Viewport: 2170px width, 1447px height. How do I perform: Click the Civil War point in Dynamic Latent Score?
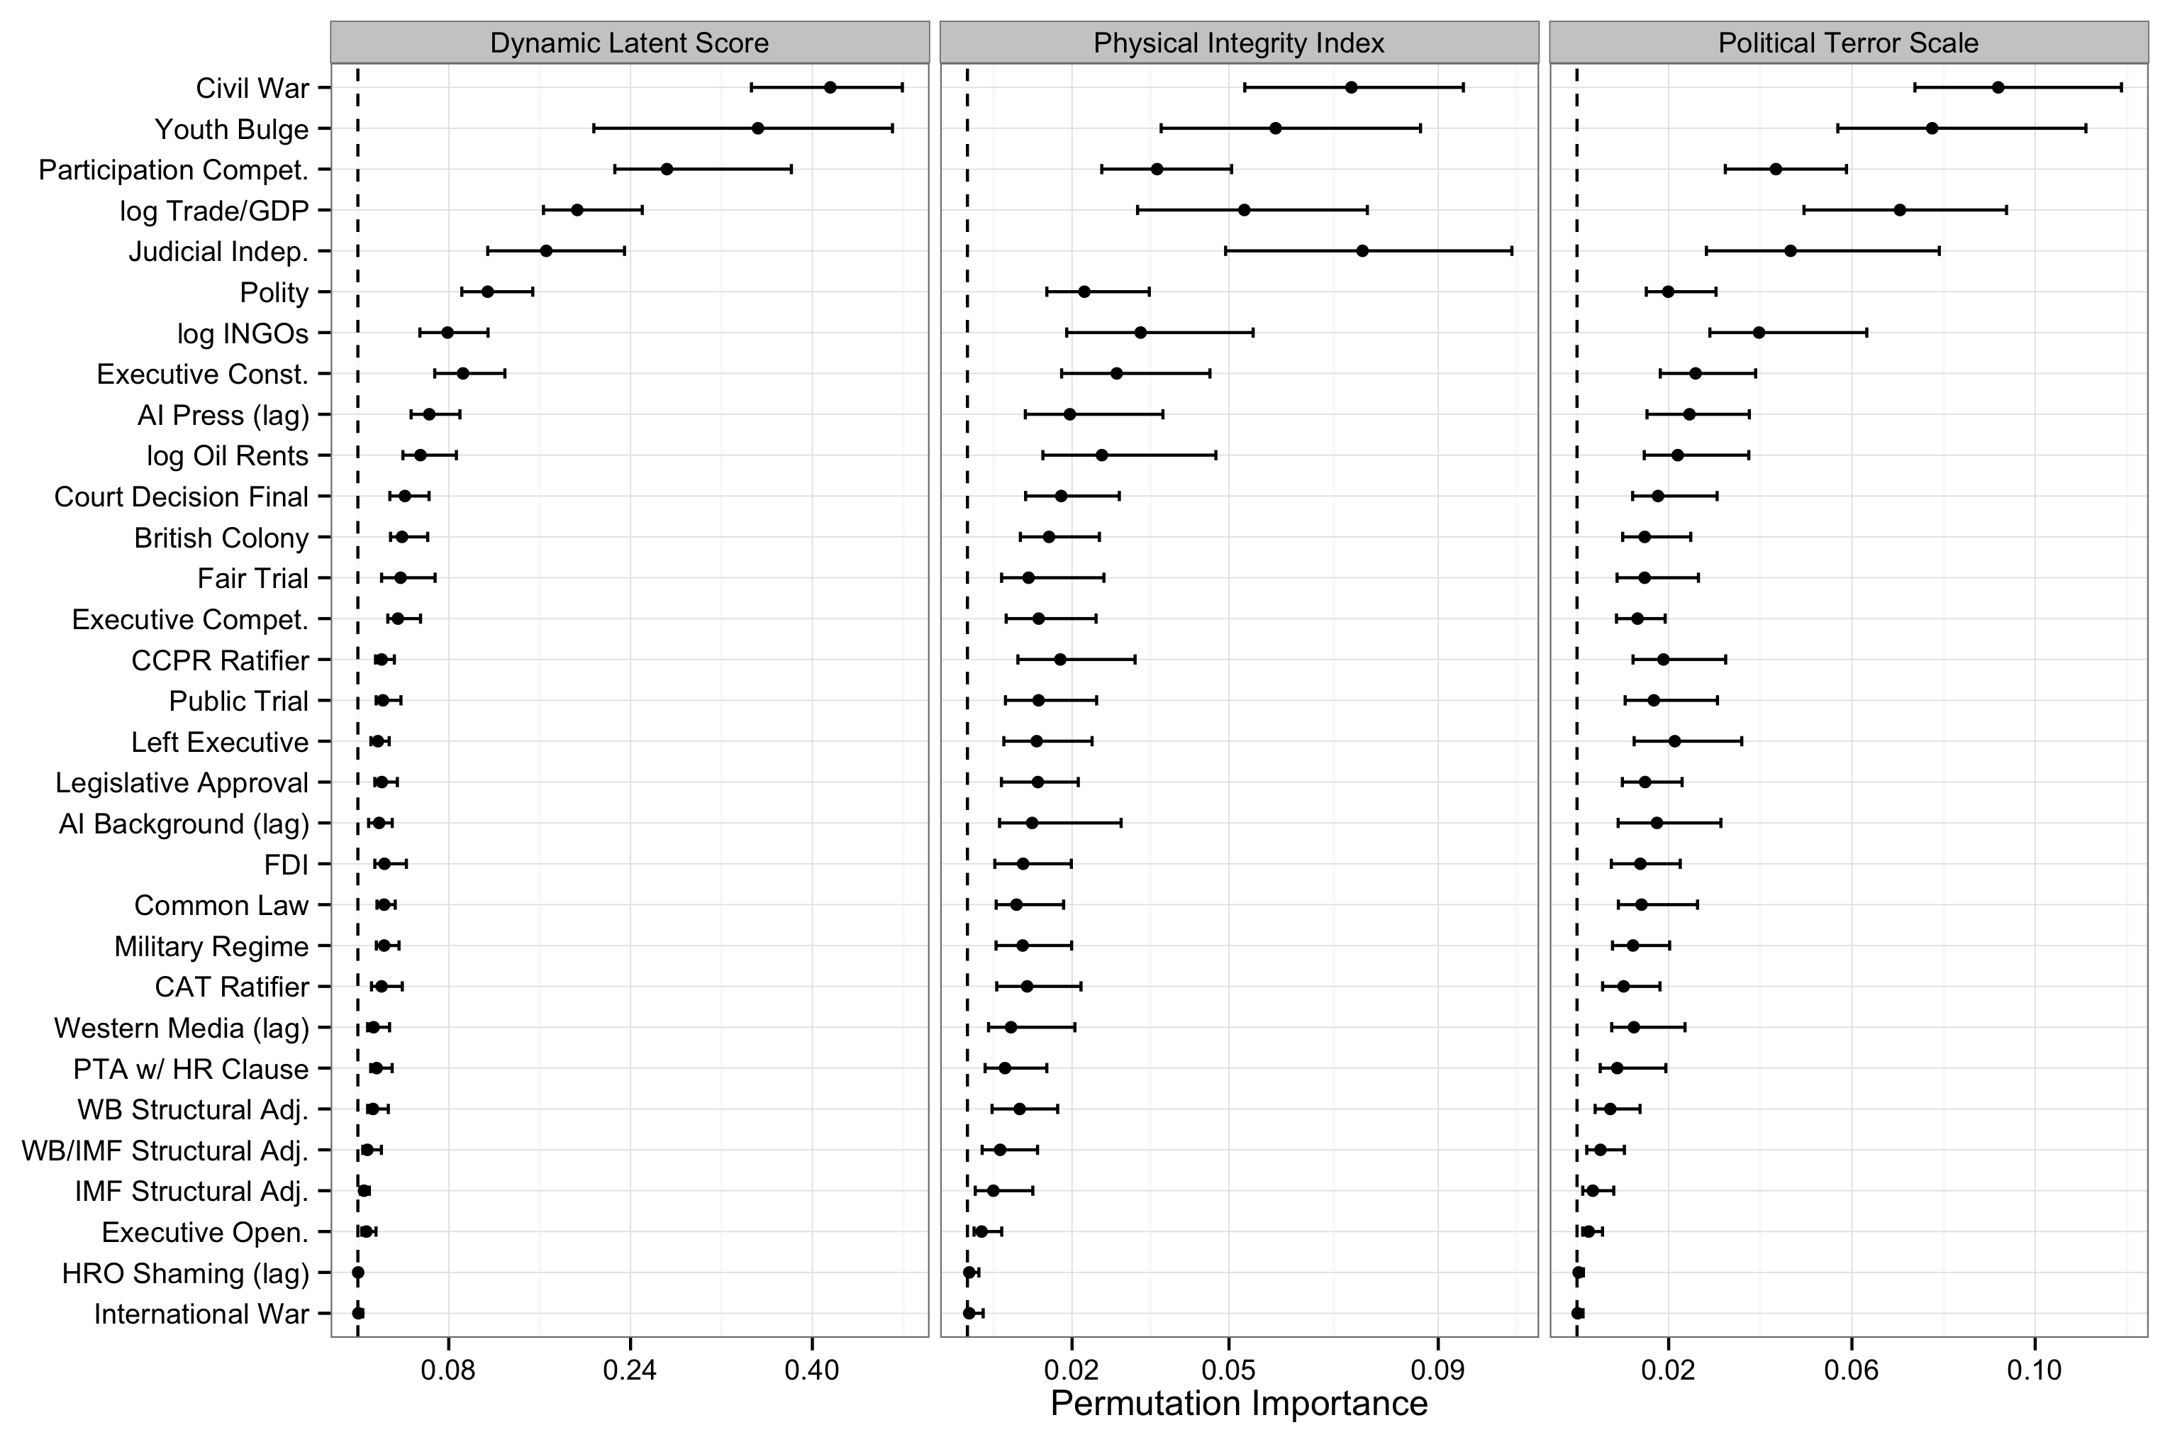coord(830,88)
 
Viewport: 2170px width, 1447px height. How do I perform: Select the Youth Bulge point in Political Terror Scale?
coord(1932,128)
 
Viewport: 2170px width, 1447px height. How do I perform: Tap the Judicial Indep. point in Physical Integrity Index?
coord(1362,251)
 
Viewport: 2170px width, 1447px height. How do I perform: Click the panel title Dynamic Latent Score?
coord(629,43)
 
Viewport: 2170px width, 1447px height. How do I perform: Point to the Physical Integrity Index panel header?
coord(1238,43)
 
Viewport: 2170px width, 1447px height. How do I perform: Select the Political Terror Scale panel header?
coord(1848,43)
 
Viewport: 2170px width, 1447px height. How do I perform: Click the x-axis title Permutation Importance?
coord(1238,1404)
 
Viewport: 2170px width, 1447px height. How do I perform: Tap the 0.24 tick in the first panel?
coord(629,1370)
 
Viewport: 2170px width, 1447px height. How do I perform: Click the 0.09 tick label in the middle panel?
coord(1437,1370)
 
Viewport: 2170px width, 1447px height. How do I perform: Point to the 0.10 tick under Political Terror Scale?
coord(2033,1370)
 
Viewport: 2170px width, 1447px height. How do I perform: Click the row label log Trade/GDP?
coord(214,211)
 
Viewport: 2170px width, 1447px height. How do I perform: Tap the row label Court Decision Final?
coord(181,497)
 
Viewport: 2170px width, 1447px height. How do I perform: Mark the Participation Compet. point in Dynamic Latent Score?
coord(666,169)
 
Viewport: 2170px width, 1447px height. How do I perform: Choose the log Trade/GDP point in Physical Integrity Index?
coord(1244,211)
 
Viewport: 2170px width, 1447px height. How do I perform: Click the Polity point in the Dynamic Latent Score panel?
coord(487,292)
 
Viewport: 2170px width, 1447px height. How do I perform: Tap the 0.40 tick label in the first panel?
coord(811,1370)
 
